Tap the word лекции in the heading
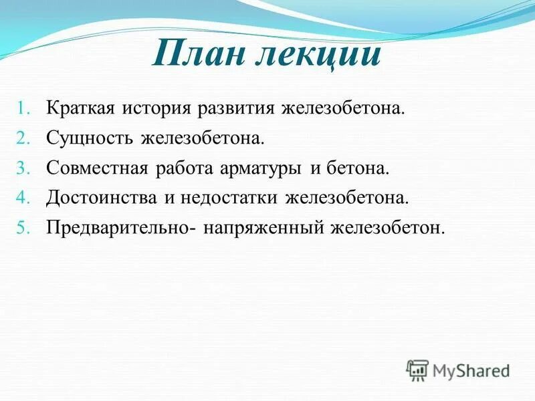click(319, 54)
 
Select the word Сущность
click(90, 138)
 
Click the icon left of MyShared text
click(417, 370)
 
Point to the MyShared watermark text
click(471, 370)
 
